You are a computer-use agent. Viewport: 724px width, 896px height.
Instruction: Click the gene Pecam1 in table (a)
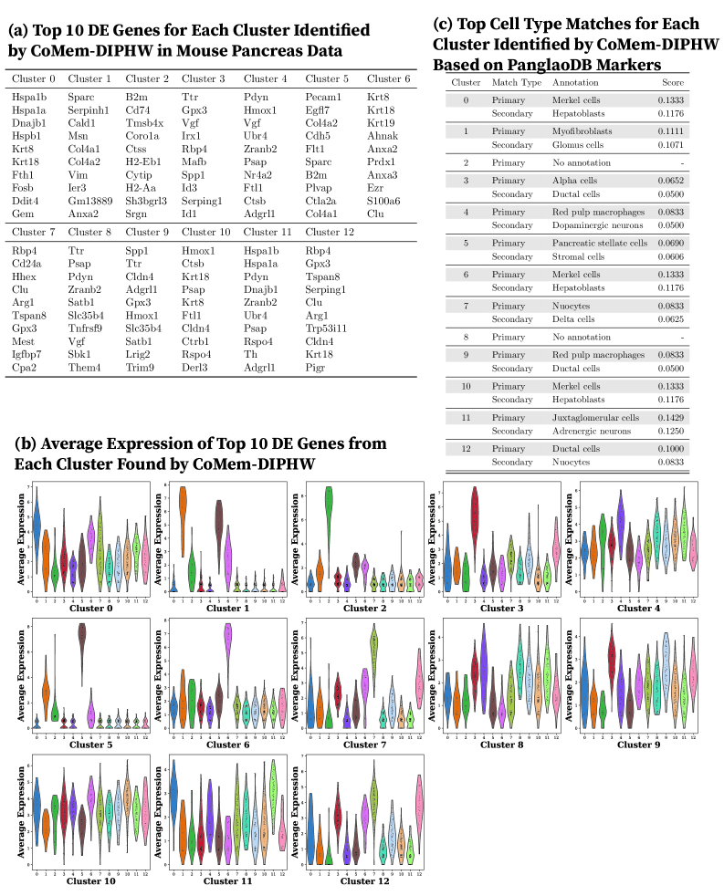pos(323,97)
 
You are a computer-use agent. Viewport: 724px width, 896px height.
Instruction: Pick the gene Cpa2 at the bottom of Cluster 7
pos(25,368)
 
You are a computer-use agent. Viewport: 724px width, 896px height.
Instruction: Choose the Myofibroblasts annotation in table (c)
pos(582,130)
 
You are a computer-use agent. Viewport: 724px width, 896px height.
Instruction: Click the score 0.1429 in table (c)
pos(673,416)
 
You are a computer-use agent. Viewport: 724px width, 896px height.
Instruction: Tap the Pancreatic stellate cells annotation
pos(599,244)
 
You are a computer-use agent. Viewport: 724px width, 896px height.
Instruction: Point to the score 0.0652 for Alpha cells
pos(673,181)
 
